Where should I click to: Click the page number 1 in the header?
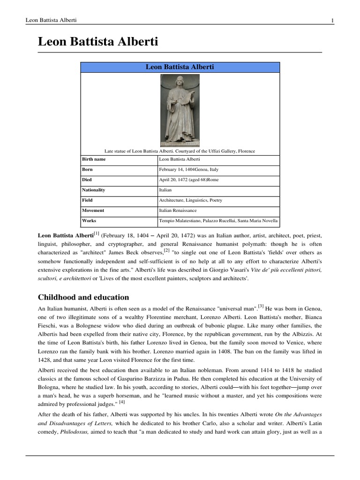pyautogui.click(x=332, y=20)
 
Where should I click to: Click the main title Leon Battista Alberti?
pyautogui.click(x=98, y=42)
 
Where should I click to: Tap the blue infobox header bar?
pyautogui.click(x=180, y=67)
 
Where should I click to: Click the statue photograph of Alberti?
pyautogui.click(x=180, y=111)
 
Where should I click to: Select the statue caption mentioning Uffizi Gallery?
pyautogui.click(x=180, y=150)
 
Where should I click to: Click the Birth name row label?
pyautogui.click(x=94, y=159)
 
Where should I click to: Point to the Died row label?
pyautogui.click(x=87, y=180)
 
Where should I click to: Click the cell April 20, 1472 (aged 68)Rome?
pyautogui.click(x=189, y=180)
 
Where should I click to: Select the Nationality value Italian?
pyautogui.click(x=165, y=190)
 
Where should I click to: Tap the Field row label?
pyautogui.click(x=88, y=200)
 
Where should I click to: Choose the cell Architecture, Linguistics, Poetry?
pyautogui.click(x=191, y=200)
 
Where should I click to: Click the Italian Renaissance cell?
pyautogui.click(x=178, y=210)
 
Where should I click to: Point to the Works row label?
pyautogui.click(x=89, y=220)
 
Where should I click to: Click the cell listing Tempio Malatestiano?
pyautogui.click(x=218, y=220)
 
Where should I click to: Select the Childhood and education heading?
pyautogui.click(x=83, y=297)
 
